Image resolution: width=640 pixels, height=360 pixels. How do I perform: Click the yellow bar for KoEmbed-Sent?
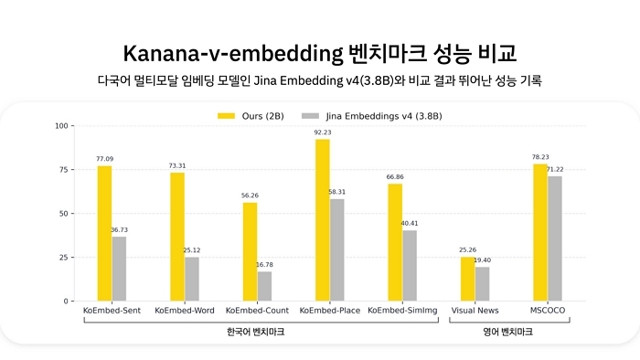(x=104, y=233)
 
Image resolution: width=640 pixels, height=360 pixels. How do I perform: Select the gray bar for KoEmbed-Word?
(x=191, y=279)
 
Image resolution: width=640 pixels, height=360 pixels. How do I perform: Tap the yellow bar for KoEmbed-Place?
(x=322, y=219)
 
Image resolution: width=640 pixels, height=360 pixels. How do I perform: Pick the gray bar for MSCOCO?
(x=555, y=238)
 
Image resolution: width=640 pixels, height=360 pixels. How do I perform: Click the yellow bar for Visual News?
(x=467, y=279)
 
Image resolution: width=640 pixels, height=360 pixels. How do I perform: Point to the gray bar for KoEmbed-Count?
(x=264, y=286)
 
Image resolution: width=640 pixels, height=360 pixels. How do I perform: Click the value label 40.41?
(x=409, y=223)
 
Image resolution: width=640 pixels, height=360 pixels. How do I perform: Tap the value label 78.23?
(x=540, y=156)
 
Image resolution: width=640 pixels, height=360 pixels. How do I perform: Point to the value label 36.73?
(x=119, y=229)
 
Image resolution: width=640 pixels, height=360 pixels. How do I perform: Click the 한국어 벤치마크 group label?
(x=255, y=333)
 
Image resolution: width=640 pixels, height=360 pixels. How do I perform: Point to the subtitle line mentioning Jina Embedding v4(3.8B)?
(x=319, y=81)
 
